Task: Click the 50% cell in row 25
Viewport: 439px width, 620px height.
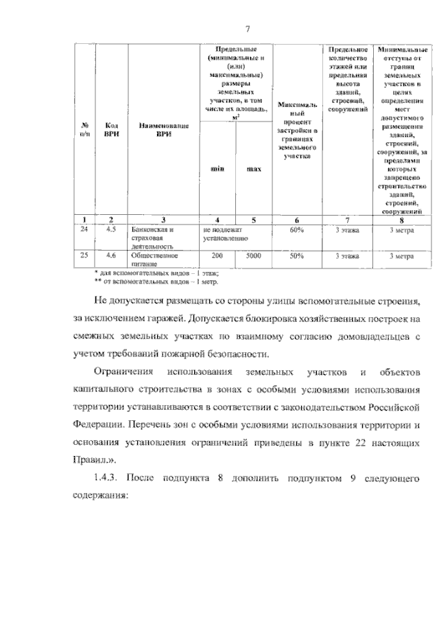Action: click(x=296, y=255)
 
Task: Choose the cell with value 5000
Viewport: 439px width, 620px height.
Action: click(x=253, y=255)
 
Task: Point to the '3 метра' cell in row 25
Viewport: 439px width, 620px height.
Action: click(x=401, y=255)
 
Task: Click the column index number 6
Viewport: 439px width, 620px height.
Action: click(x=296, y=220)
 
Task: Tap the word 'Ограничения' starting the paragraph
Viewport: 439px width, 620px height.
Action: click(x=123, y=371)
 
